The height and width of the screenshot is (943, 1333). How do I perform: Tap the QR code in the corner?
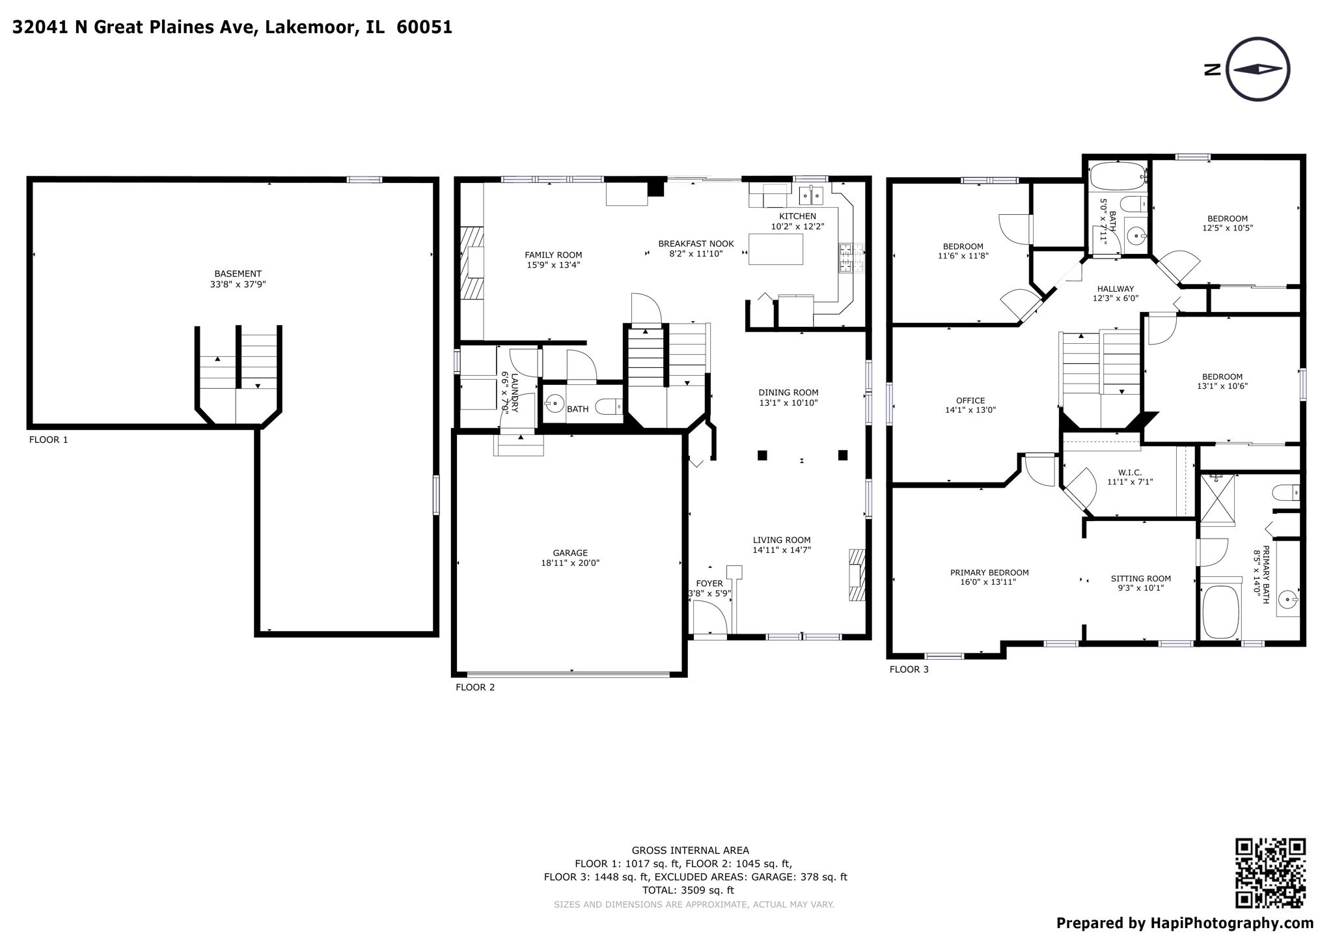coord(1270,873)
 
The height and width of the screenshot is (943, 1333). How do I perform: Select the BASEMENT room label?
coord(238,274)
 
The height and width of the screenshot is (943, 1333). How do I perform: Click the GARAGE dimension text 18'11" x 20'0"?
coord(570,563)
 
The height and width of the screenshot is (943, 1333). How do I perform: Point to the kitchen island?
coord(775,248)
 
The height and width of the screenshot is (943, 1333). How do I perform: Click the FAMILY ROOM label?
coord(553,255)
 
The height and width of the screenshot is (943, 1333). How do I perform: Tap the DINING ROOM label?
coord(788,392)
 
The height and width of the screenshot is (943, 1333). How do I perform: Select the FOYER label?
coord(709,584)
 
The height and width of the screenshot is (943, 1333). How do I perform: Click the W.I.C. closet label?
coord(1130,472)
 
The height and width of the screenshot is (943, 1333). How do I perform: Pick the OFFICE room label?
coord(970,401)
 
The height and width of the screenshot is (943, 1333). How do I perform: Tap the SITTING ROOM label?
coord(1140,578)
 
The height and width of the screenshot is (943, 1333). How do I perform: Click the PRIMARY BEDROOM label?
coord(989,572)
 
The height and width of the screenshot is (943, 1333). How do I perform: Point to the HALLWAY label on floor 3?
coord(1115,289)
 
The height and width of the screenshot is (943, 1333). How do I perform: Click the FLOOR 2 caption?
coord(474,687)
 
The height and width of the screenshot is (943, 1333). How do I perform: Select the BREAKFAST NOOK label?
coord(695,244)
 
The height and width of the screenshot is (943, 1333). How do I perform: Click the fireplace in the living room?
coord(857,574)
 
